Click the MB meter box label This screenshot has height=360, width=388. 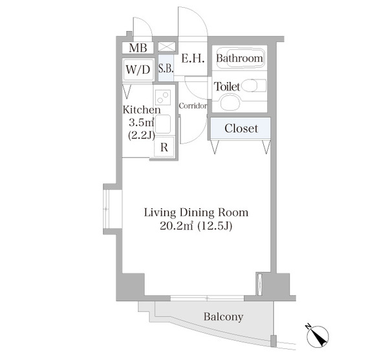[138, 48]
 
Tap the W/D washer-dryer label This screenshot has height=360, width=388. [138, 69]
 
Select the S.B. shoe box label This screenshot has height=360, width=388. [166, 69]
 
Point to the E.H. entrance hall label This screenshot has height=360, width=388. [193, 59]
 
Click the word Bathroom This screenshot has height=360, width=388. [239, 58]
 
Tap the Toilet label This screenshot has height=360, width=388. [227, 87]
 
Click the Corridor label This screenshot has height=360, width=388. [193, 106]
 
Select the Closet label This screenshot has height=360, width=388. [241, 129]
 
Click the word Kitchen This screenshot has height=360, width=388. [142, 110]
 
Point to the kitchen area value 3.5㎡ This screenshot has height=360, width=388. [141, 122]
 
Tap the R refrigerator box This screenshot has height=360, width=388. [164, 147]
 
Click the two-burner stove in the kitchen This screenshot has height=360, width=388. [163, 98]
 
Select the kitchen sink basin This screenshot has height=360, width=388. [163, 125]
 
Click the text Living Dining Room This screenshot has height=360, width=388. [196, 213]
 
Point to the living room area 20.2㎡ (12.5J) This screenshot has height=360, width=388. [196, 226]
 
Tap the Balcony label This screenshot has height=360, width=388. [223, 317]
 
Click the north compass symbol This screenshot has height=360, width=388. [318, 335]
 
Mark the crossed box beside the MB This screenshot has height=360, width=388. [167, 47]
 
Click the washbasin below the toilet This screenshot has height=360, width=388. [230, 103]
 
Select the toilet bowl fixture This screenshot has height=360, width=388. [253, 86]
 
